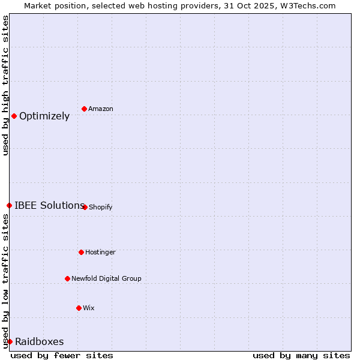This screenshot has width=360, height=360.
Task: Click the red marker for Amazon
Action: point(84,109)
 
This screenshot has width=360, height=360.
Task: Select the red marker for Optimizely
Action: point(14,116)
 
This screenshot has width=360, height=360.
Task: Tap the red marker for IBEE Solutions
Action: point(9,205)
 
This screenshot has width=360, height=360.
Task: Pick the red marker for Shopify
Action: point(85,207)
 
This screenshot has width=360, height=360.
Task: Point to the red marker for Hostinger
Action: point(81,252)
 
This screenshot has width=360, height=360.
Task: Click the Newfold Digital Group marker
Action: point(67,278)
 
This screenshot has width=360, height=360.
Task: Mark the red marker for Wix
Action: point(79,308)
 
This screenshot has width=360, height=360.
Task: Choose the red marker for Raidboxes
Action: point(10,341)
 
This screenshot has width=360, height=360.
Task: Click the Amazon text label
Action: point(101,109)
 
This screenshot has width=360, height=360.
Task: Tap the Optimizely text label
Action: point(44,116)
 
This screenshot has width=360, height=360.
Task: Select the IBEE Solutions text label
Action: point(49,205)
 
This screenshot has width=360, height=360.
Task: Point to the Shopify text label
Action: point(100,207)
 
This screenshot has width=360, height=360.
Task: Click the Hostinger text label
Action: point(100,252)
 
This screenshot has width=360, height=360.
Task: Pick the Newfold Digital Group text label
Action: point(106,278)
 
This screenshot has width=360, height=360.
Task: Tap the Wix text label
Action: point(88,308)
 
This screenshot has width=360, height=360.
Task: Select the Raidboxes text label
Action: point(40,341)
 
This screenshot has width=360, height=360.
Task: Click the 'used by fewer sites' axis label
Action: point(62,355)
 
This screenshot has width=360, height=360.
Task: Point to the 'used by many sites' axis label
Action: point(301,355)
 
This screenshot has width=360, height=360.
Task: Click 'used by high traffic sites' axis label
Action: point(5,85)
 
